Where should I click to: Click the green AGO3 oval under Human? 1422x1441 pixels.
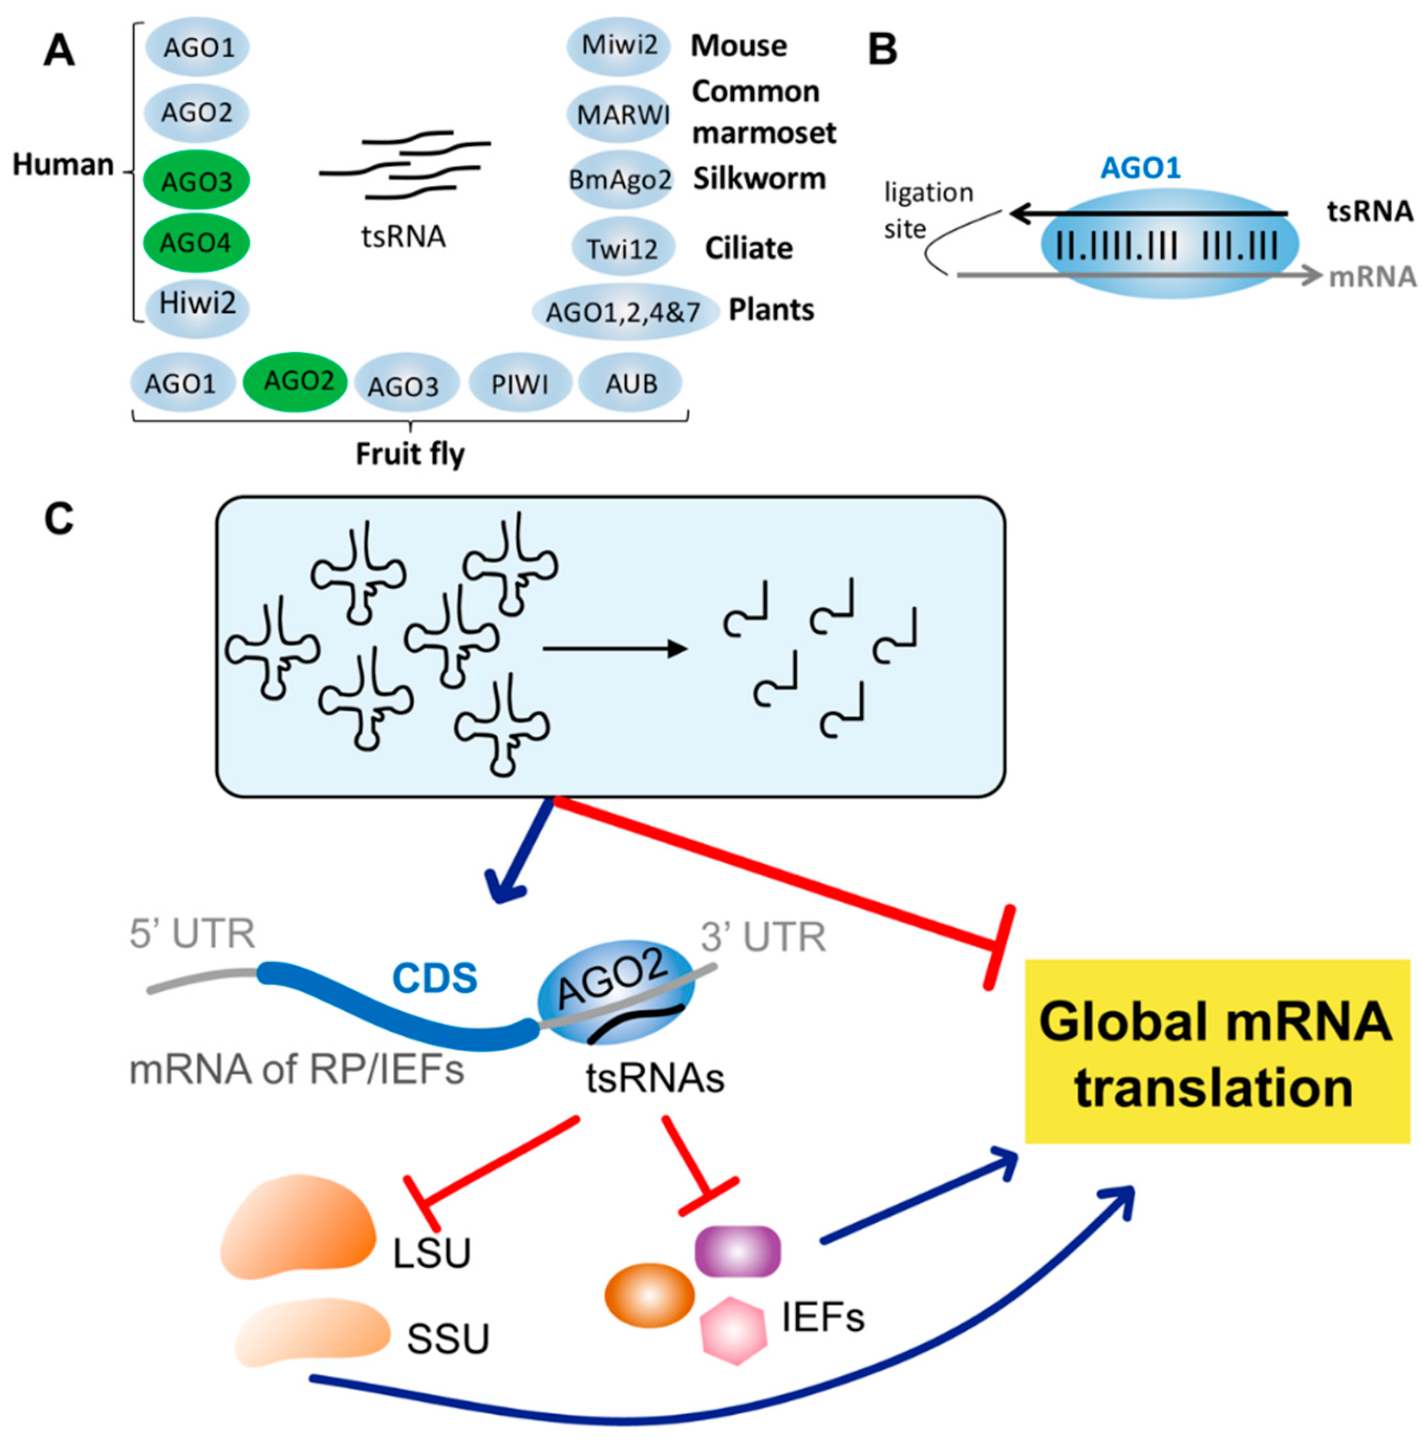(x=196, y=181)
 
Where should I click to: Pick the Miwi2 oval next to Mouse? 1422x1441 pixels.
(x=619, y=46)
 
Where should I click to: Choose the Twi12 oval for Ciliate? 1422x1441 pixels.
(x=623, y=247)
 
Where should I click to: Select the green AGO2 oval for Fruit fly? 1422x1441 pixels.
(x=296, y=381)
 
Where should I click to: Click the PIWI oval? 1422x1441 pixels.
(x=520, y=384)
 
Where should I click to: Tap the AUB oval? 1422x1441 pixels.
(x=631, y=384)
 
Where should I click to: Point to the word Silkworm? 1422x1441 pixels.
(x=759, y=179)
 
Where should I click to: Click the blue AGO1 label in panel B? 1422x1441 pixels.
(x=1140, y=168)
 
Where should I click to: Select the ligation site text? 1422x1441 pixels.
(x=927, y=209)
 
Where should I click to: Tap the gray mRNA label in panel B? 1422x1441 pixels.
(x=1372, y=277)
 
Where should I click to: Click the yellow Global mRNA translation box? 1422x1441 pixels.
(x=1216, y=1052)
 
